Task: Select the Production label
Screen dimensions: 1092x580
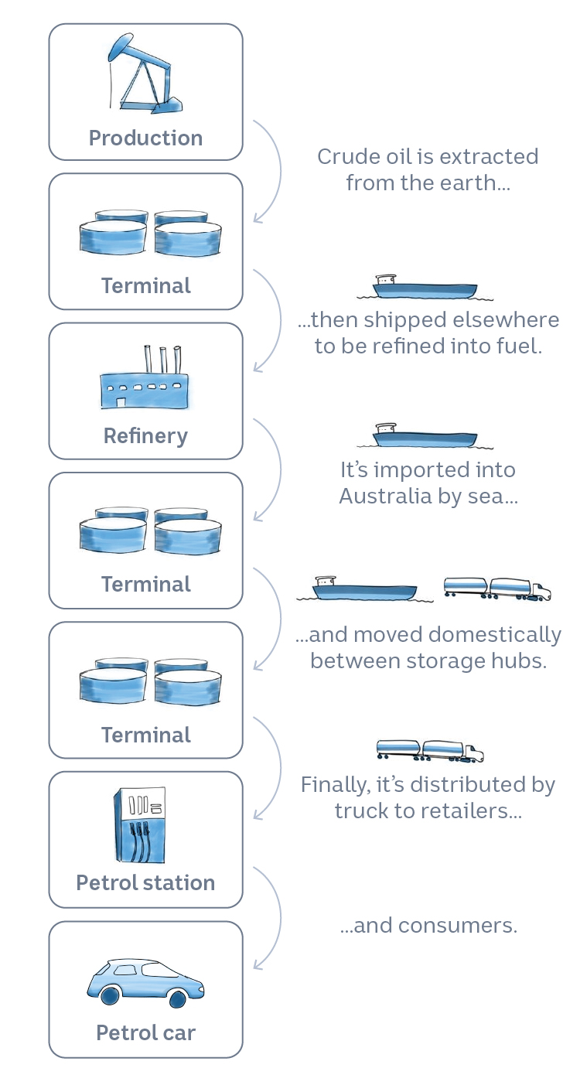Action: tap(145, 138)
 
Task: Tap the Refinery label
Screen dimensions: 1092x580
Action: tap(145, 436)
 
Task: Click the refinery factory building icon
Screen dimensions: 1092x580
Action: tap(145, 383)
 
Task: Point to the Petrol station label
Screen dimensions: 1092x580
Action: tap(145, 883)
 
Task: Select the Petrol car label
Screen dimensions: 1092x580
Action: tap(145, 1032)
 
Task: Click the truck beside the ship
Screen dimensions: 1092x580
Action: tap(497, 589)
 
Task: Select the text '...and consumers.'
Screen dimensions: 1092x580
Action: tap(428, 925)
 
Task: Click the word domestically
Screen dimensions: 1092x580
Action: tap(495, 636)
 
